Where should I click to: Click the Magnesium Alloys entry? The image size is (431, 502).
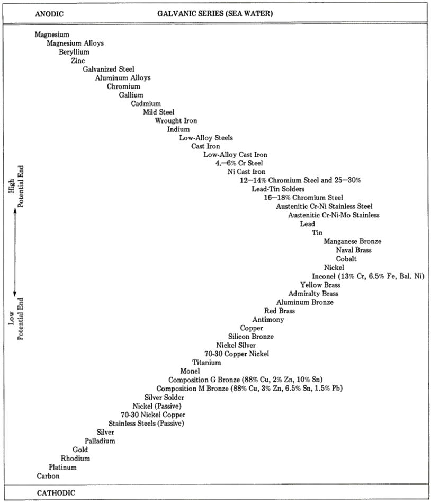pyautogui.click(x=75, y=43)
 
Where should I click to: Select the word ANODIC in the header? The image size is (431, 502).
pyautogui.click(x=49, y=13)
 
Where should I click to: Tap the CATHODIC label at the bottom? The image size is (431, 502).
pyautogui.click(x=56, y=493)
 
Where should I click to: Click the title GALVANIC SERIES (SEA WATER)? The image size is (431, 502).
pyautogui.click(x=215, y=13)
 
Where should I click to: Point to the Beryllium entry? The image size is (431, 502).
pyautogui.click(x=74, y=52)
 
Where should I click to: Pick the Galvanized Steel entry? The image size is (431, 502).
pyautogui.click(x=109, y=69)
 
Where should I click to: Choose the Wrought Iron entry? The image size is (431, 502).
pyautogui.click(x=176, y=120)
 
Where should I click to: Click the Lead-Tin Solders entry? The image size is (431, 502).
pyautogui.click(x=278, y=189)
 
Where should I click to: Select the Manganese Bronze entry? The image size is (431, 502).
pyautogui.click(x=352, y=241)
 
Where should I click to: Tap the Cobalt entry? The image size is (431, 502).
pyautogui.click(x=346, y=258)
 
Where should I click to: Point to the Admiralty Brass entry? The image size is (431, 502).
pyautogui.click(x=313, y=293)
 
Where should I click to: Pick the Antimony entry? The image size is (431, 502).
pyautogui.click(x=268, y=320)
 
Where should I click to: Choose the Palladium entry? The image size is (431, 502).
pyautogui.click(x=100, y=441)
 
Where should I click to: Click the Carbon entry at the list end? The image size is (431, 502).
pyautogui.click(x=48, y=476)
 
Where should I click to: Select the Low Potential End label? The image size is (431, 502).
pyautogui.click(x=15, y=319)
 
